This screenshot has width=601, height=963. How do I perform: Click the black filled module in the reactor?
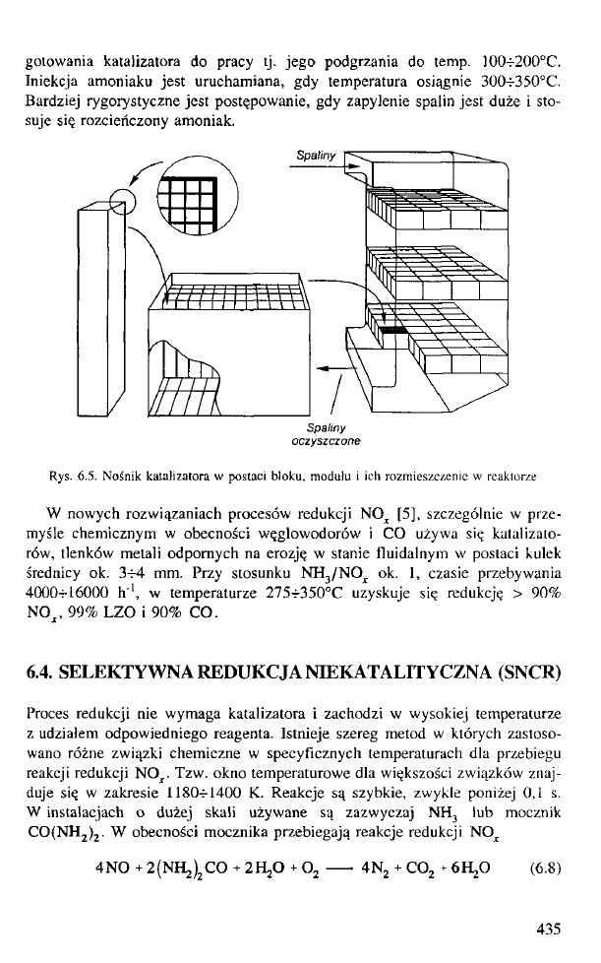click(391, 330)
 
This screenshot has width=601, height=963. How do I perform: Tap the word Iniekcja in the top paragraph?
click(49, 74)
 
